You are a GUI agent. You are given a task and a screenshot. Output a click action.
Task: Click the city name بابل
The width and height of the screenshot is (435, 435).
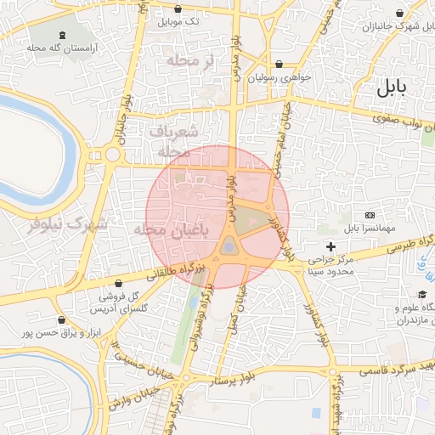click(x=392, y=87)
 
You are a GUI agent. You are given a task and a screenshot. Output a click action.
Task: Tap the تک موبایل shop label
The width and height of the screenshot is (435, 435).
click(x=183, y=21)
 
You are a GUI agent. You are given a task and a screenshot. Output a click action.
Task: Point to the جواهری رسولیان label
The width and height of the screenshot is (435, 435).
click(x=280, y=76)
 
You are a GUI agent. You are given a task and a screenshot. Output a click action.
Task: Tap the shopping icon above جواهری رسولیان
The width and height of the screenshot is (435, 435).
click(x=280, y=64)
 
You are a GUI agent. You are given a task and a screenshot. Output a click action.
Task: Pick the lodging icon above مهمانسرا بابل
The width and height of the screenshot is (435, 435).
click(x=370, y=215)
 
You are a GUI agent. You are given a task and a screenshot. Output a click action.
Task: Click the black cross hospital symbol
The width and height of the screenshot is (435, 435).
click(x=330, y=247)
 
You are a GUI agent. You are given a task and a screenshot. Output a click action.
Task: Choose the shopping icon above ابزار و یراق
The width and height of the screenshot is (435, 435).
click(x=62, y=319)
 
